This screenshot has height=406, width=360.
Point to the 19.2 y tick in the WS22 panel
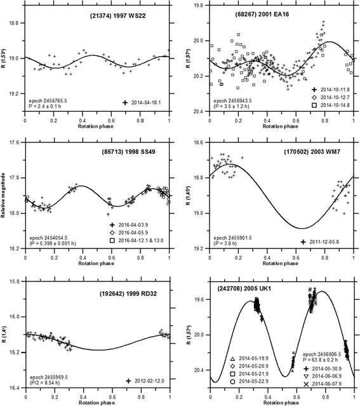pyautogui.click(x=14, y=95)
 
